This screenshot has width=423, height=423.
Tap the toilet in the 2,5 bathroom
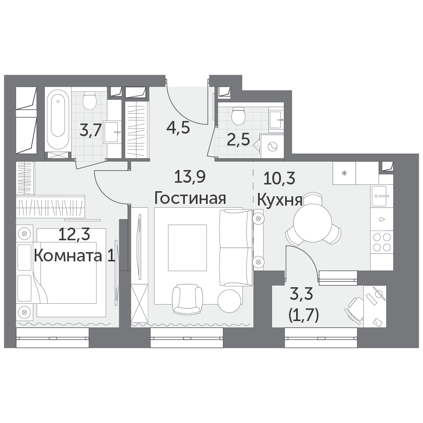[x=239, y=116]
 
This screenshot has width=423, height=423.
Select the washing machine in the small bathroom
[x=272, y=146]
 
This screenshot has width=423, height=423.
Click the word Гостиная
[x=190, y=198]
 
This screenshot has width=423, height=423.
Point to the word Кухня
[x=280, y=200]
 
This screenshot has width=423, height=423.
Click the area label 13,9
[x=190, y=177]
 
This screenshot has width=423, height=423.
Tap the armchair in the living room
[x=187, y=299]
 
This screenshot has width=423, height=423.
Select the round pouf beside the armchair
[x=230, y=301]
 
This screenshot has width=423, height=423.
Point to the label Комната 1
[x=75, y=255]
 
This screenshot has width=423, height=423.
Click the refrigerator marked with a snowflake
[x=344, y=173]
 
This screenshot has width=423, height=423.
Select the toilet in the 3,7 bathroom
[x=90, y=100]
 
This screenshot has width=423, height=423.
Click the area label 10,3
[x=279, y=179]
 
